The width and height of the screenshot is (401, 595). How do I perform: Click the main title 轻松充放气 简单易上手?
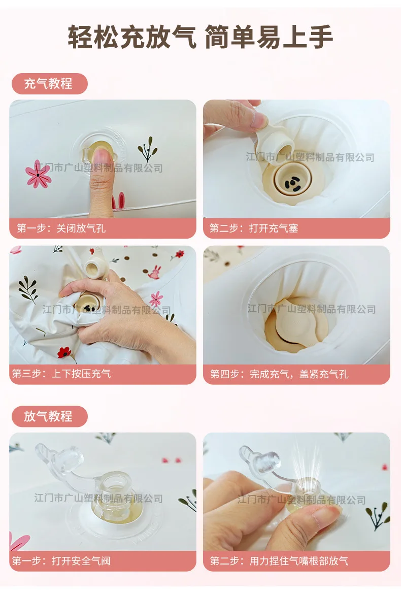click(x=201, y=37)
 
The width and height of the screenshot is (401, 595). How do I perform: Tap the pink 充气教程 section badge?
click(x=50, y=83)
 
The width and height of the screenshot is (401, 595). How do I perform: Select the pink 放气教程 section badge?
click(x=50, y=416)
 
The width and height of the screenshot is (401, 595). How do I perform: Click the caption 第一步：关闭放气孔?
click(x=61, y=228)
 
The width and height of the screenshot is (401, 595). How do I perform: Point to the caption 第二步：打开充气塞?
click(x=254, y=228)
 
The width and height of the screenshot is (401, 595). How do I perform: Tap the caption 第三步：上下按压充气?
click(x=61, y=374)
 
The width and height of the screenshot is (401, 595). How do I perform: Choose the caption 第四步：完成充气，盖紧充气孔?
click(x=279, y=374)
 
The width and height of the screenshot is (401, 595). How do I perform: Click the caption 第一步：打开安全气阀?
click(x=61, y=561)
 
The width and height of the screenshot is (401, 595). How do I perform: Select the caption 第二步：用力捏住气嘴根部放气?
click(x=279, y=561)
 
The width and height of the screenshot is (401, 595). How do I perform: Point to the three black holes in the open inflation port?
click(x=292, y=183)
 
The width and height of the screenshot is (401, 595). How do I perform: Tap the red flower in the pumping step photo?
click(x=64, y=352)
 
